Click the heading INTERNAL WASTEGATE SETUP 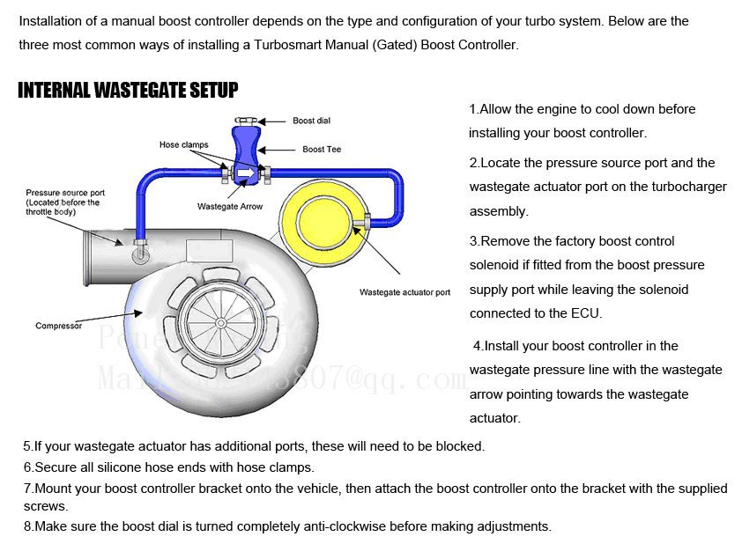click(x=128, y=90)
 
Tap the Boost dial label click(x=311, y=121)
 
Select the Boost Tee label click(x=322, y=150)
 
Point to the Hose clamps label click(x=183, y=144)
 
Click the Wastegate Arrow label click(x=229, y=207)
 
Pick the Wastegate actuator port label click(x=404, y=292)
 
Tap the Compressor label click(x=58, y=326)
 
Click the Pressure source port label click(x=65, y=193)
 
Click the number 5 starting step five click(x=27, y=446)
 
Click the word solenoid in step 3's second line click(x=498, y=265)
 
